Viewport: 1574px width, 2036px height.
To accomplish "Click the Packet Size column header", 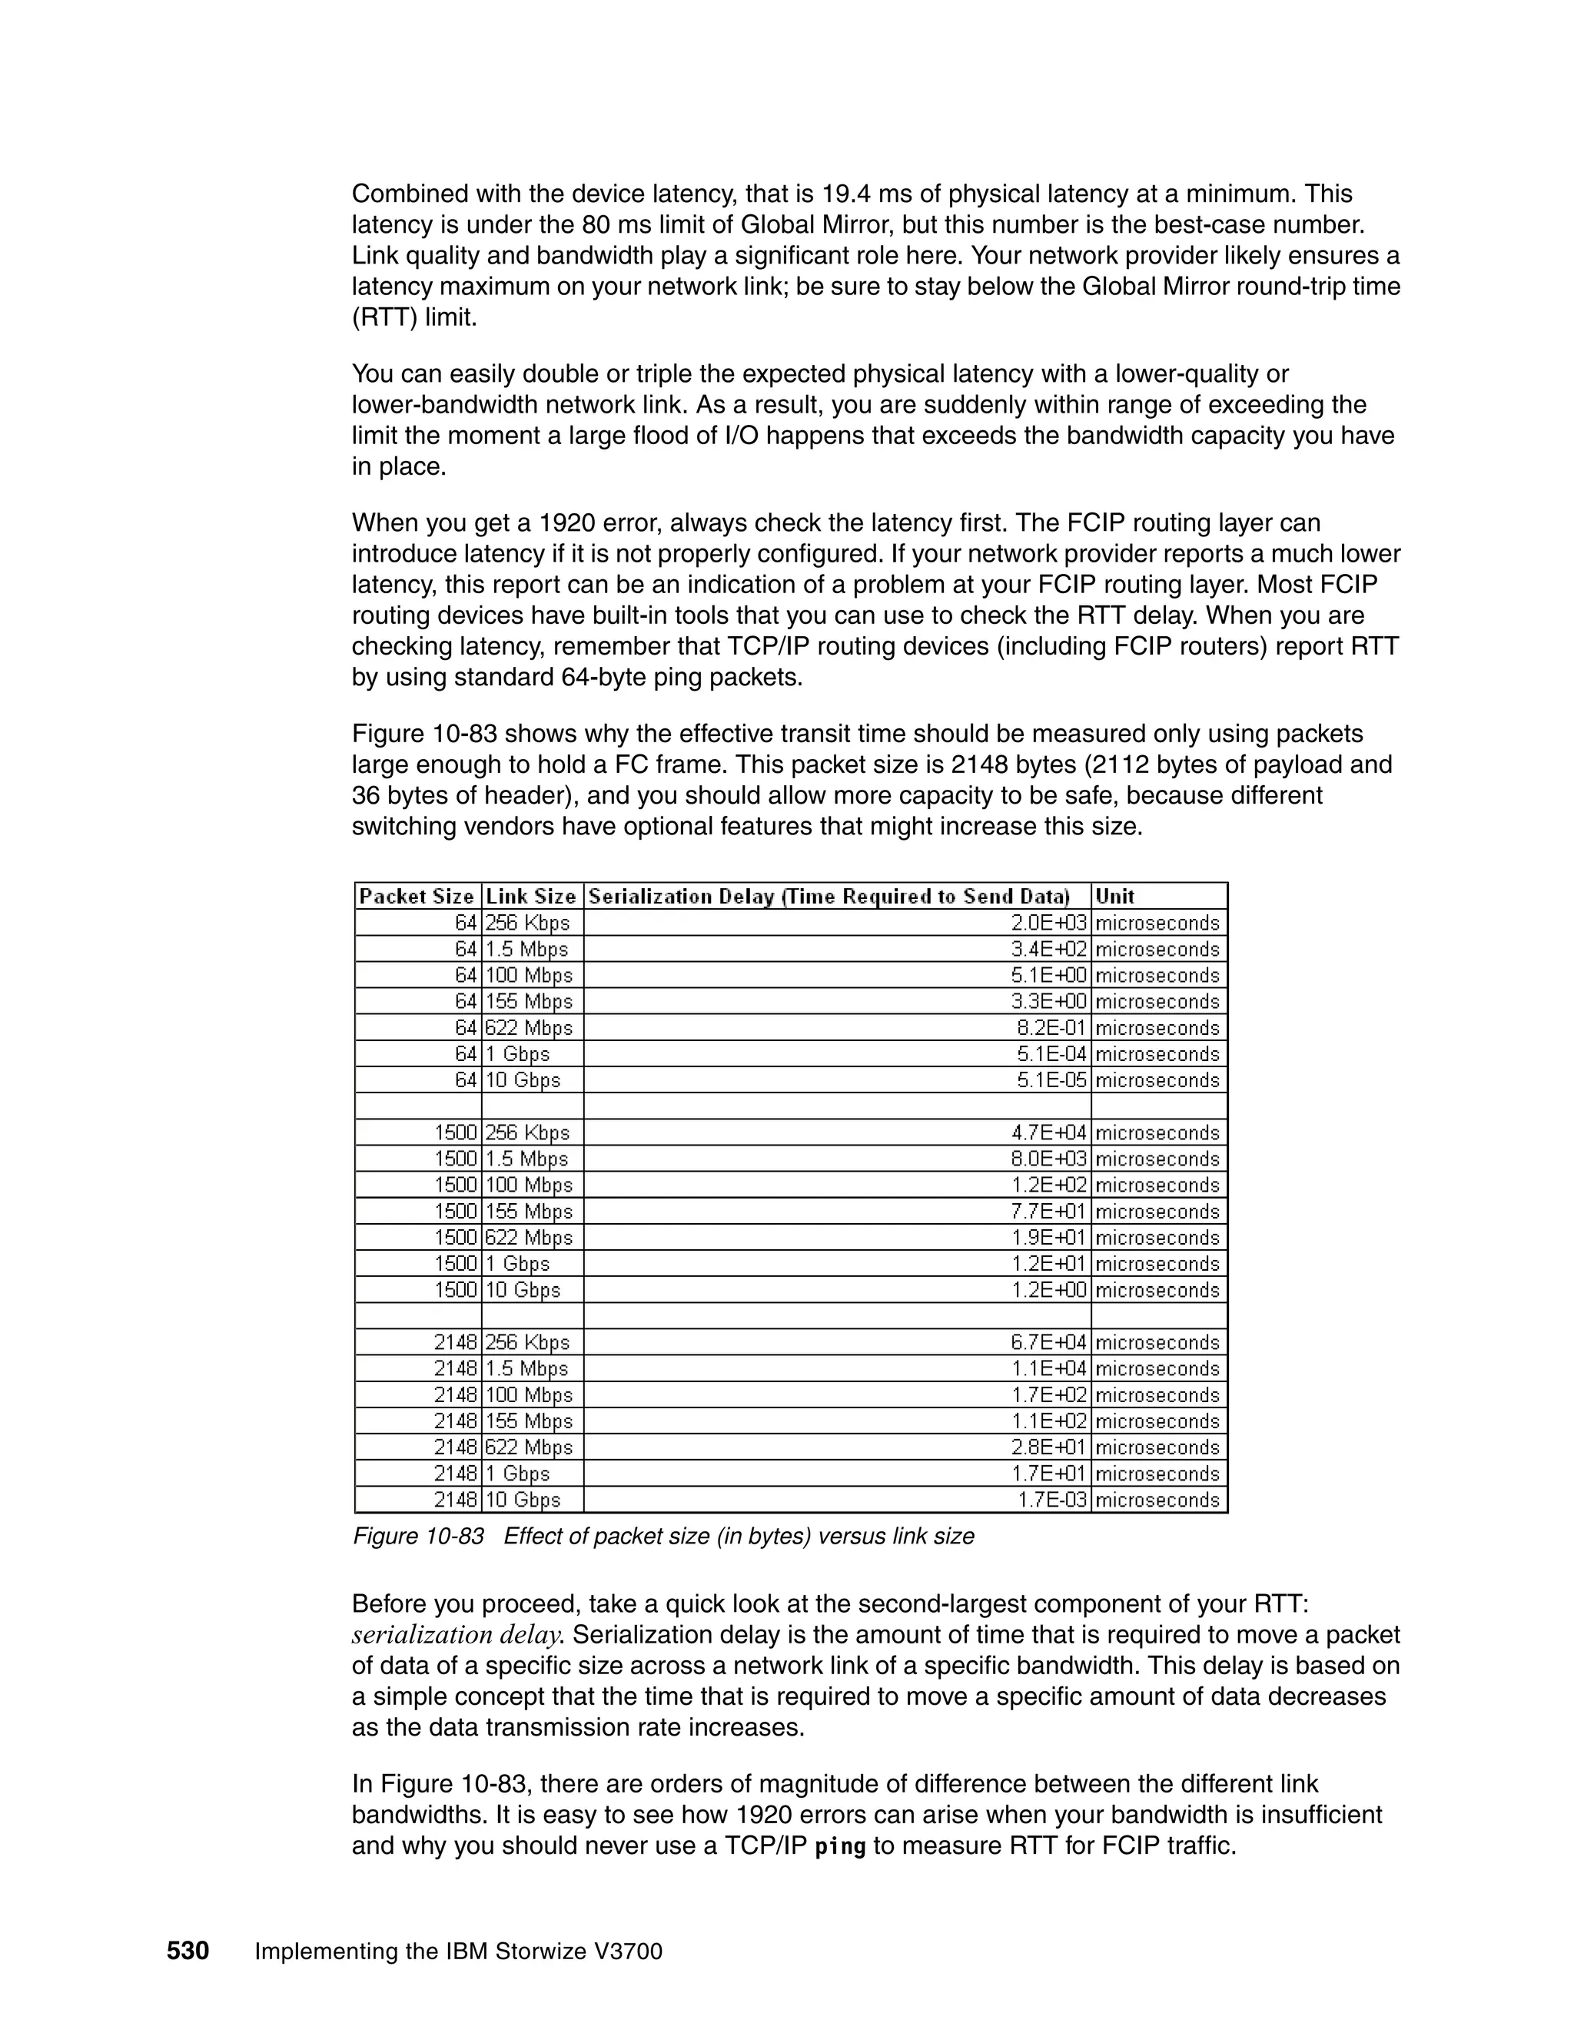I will click(417, 897).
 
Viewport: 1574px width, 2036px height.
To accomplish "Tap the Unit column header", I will click(1114, 897).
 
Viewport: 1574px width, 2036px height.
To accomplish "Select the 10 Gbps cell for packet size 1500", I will click(523, 1290).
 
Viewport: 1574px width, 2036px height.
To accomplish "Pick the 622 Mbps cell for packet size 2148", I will click(529, 1447).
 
